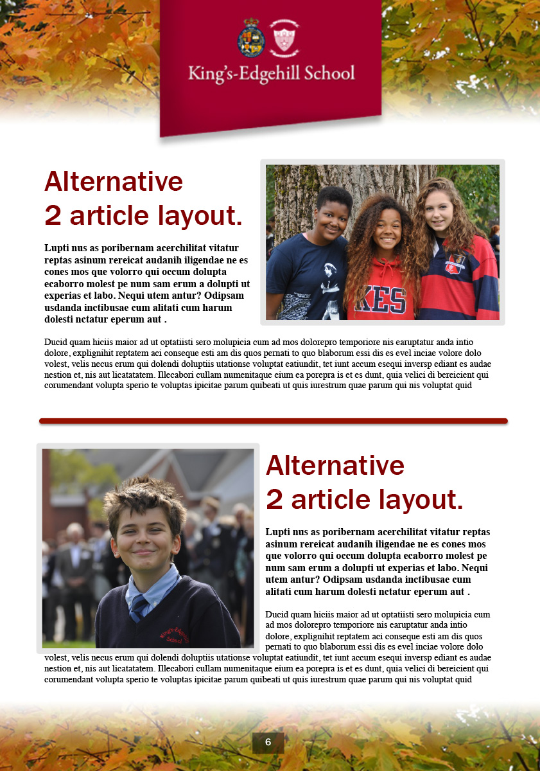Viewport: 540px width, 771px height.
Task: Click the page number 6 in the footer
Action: tap(268, 743)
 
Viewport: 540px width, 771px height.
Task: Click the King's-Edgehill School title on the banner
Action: tap(271, 73)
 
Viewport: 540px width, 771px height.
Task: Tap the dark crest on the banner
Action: tap(251, 36)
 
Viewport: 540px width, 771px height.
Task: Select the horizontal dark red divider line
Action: tap(273, 421)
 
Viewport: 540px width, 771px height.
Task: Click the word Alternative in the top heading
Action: tap(114, 181)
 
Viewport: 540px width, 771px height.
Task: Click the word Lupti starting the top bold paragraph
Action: tap(57, 248)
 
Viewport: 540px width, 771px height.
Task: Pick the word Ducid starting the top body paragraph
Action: tap(57, 342)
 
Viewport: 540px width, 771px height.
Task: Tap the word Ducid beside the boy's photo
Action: tap(277, 614)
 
